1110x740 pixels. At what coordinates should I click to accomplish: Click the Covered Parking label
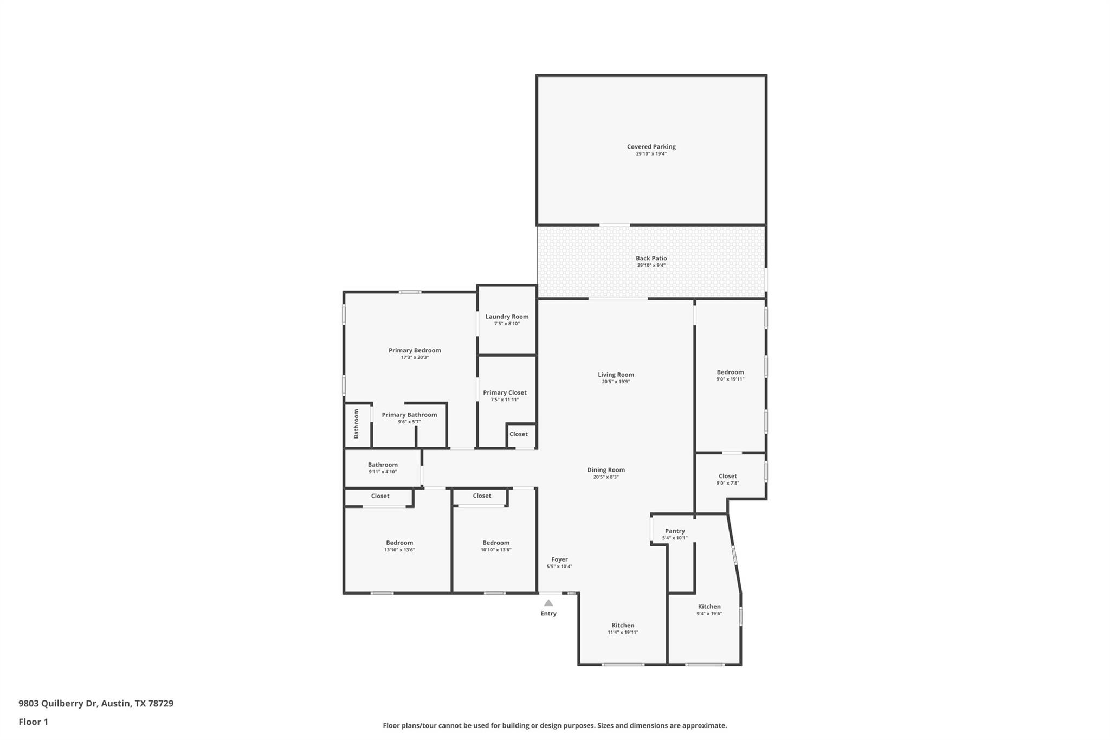(x=651, y=146)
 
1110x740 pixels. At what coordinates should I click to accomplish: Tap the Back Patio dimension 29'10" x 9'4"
(x=651, y=266)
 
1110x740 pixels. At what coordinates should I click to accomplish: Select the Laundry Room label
(x=507, y=317)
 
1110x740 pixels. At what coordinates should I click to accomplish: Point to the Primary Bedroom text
(x=415, y=350)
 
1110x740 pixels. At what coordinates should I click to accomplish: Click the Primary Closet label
(x=505, y=392)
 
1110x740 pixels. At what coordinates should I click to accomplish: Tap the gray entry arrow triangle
(x=548, y=603)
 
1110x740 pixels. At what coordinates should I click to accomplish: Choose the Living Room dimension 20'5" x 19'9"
(x=616, y=382)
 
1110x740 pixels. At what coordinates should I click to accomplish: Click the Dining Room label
(x=606, y=470)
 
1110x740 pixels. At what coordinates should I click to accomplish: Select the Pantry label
(x=675, y=531)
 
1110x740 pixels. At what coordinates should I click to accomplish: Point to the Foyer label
(x=559, y=559)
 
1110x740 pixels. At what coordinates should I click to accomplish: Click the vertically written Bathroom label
(x=357, y=424)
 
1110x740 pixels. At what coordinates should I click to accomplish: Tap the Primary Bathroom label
(x=409, y=415)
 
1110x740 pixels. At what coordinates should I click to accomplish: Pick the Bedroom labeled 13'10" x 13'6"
(x=399, y=543)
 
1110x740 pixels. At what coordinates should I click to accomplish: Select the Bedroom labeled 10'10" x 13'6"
(x=496, y=543)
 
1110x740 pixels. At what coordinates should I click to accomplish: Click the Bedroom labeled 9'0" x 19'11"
(x=730, y=372)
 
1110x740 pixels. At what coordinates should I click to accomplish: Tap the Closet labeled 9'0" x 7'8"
(x=727, y=476)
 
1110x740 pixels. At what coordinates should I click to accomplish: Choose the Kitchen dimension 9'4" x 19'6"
(x=709, y=614)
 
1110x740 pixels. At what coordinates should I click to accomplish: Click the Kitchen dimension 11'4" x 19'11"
(x=623, y=633)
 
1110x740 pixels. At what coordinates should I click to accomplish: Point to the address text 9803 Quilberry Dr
(x=58, y=703)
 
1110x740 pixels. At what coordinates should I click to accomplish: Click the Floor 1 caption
(x=33, y=722)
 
